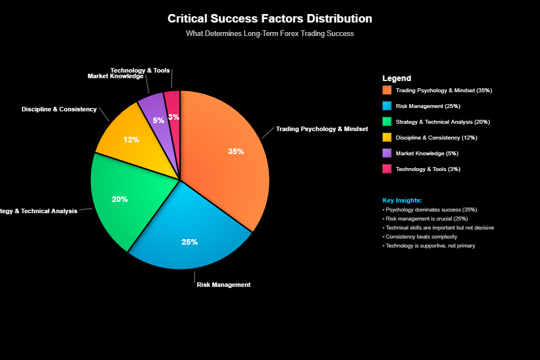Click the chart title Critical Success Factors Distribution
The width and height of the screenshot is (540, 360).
click(x=270, y=19)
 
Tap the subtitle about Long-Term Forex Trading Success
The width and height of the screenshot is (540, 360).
click(x=270, y=34)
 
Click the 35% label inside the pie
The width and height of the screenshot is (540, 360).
click(x=236, y=151)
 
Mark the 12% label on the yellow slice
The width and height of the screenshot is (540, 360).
click(x=132, y=139)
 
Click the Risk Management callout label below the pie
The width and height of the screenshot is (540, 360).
click(x=223, y=285)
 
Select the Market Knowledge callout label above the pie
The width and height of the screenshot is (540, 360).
click(x=115, y=76)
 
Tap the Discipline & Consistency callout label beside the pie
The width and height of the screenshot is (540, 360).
click(x=59, y=109)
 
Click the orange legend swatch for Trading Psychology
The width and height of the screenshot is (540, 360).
click(x=386, y=90)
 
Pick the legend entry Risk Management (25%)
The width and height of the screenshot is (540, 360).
click(x=428, y=106)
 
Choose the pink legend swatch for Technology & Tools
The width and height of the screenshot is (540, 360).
click(x=386, y=169)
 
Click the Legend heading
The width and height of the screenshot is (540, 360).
click(x=397, y=79)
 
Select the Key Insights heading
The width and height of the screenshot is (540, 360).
click(x=402, y=200)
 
